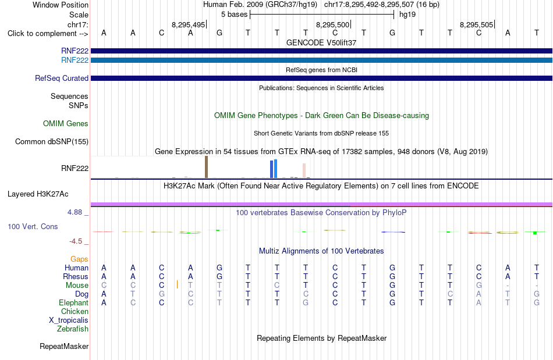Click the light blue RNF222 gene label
coord(75,60)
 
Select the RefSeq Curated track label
coord(62,78)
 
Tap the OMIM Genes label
coord(66,124)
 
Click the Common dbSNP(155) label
coord(52,141)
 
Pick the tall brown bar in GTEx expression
coord(206,167)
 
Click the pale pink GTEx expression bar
coord(304,171)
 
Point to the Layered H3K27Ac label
coord(38,194)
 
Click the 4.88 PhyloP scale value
coord(75,212)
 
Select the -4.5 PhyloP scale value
coord(76,241)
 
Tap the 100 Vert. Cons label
coord(33,226)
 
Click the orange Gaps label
coord(79,259)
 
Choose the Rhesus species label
coord(76,276)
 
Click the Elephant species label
coord(74,303)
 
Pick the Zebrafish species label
coord(73,329)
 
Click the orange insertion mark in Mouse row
coord(177,284)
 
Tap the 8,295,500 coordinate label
coord(332,24)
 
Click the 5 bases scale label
coord(234,15)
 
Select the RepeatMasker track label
coord(64,347)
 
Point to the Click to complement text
coord(42,34)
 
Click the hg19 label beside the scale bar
coord(407,15)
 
